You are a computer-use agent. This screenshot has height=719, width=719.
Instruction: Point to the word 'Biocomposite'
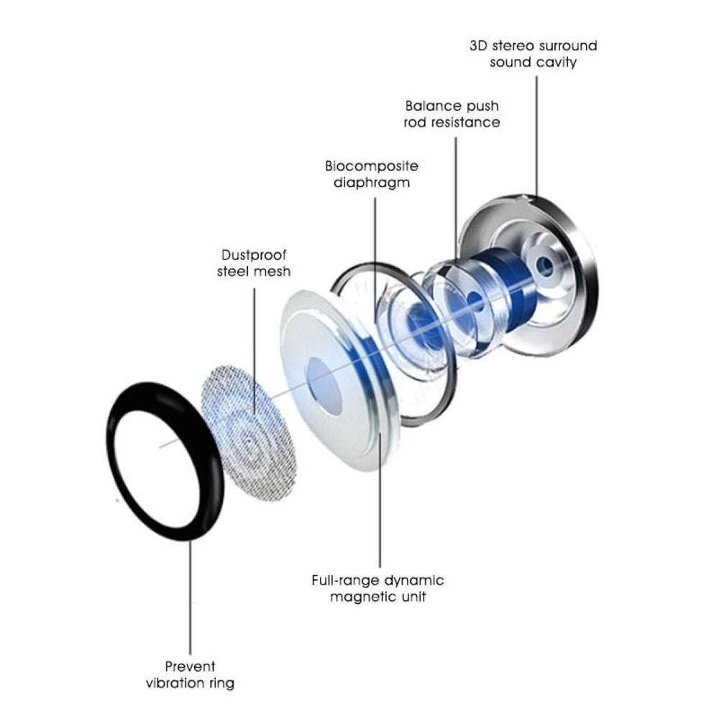pos(371,166)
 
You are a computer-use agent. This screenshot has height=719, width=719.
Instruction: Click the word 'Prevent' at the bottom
pos(190,667)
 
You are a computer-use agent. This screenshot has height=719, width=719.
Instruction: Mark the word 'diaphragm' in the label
pos(371,183)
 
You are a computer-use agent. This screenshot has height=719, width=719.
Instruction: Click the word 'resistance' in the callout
pos(465,123)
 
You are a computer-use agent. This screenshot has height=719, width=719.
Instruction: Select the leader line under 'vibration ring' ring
pos(191,597)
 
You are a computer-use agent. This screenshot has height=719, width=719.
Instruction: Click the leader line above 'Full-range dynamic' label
pos(378,503)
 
